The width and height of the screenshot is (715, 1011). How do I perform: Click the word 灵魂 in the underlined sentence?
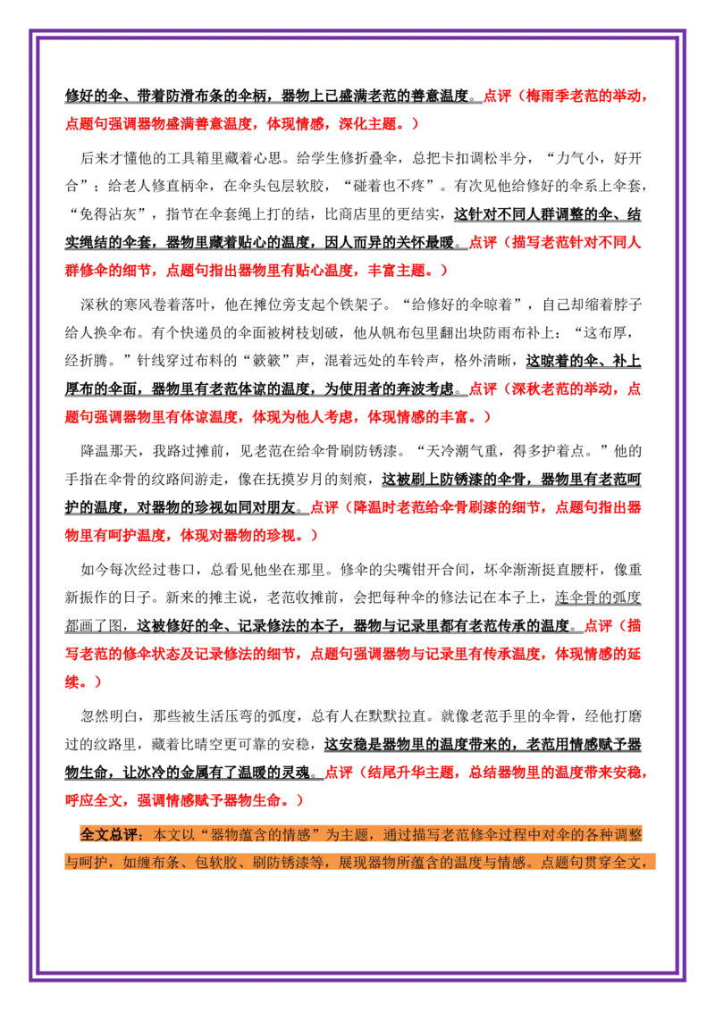pyautogui.click(x=296, y=772)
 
